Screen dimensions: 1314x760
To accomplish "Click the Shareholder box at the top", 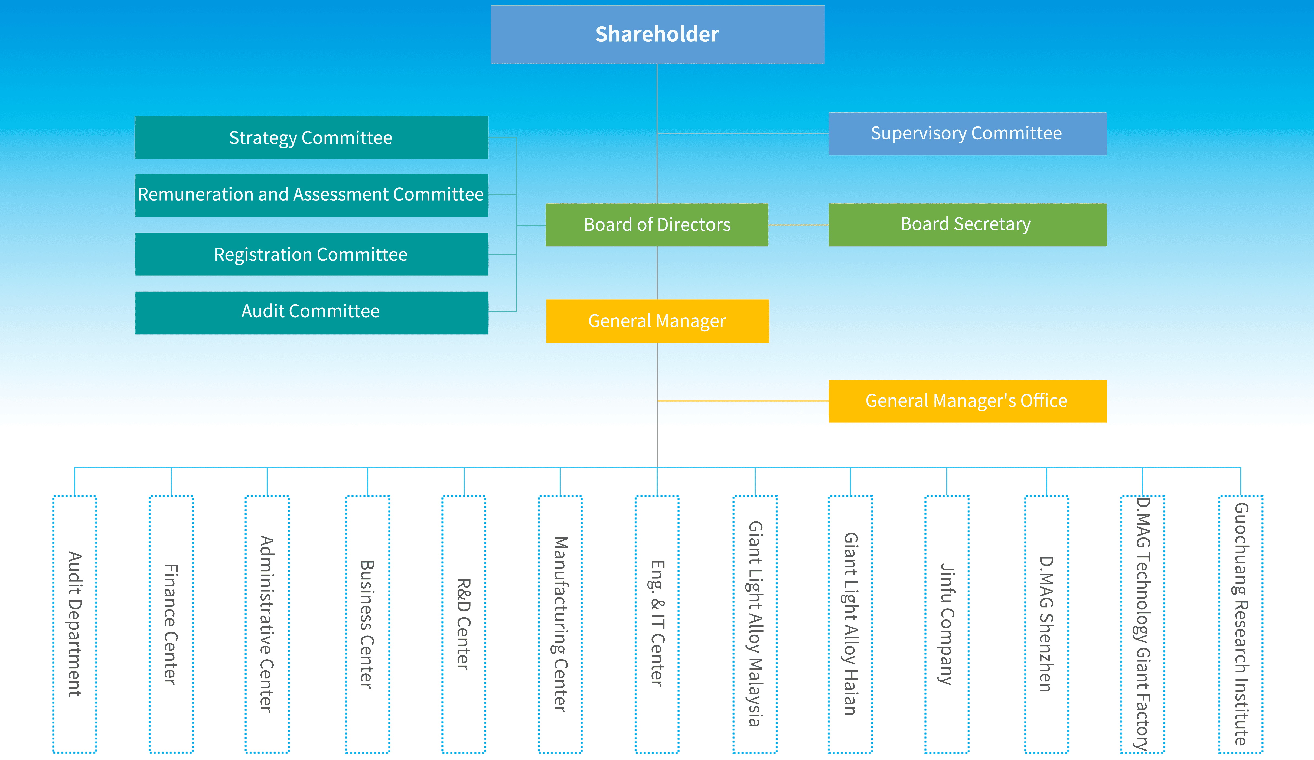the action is [x=657, y=34].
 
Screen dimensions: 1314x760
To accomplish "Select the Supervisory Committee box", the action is [x=967, y=133].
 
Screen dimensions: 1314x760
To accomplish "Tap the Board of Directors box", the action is [x=657, y=225].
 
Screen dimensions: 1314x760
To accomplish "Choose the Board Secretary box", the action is [x=967, y=225].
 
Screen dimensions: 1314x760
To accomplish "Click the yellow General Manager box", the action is [x=657, y=321].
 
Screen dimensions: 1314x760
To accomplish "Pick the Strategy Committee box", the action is [x=311, y=138].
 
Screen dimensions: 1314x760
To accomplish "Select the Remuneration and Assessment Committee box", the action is [x=311, y=195].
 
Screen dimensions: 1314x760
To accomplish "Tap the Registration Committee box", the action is [x=311, y=255].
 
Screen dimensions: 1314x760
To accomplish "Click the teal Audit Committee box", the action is [x=311, y=313].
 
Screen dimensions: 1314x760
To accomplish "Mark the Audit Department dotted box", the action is [x=74, y=624].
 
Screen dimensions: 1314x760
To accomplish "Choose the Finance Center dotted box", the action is [x=171, y=624].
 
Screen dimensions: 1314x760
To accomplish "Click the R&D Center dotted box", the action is [x=464, y=624].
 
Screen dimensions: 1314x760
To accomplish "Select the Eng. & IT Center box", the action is [x=657, y=624].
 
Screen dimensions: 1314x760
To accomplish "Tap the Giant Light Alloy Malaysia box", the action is [x=755, y=624].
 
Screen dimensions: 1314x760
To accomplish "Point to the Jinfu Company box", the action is [x=947, y=624].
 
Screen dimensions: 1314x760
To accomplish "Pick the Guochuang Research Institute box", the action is [x=1241, y=624].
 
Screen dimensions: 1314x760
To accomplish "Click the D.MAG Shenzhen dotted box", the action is [x=1046, y=624].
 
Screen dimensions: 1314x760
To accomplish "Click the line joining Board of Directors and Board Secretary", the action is [x=798, y=225].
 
